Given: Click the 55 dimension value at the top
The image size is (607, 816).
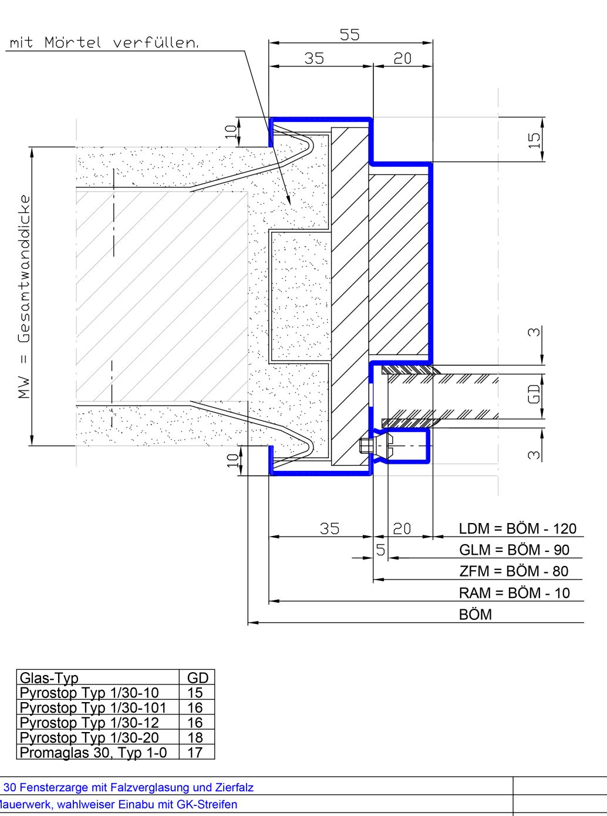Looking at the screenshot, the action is pyautogui.click(x=349, y=35).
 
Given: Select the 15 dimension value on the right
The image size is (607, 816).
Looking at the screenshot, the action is pyautogui.click(x=535, y=140).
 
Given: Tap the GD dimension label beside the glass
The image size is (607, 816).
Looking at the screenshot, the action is pyautogui.click(x=535, y=394).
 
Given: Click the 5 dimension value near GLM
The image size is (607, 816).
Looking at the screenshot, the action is pyautogui.click(x=381, y=549).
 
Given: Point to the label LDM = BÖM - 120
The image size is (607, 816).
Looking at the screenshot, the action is pyautogui.click(x=518, y=529).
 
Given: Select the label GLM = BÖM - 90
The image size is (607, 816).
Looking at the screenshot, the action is pyautogui.click(x=514, y=550).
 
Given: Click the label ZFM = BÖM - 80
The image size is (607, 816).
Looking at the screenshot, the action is pyautogui.click(x=514, y=571).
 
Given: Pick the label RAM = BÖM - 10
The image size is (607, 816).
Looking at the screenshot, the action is pyautogui.click(x=514, y=593).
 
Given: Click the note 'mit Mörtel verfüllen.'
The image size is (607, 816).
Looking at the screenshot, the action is pyautogui.click(x=104, y=42).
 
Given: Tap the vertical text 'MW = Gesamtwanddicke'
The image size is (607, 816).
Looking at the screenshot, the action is pyautogui.click(x=24, y=296).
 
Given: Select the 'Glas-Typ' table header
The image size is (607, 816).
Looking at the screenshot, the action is pyautogui.click(x=49, y=677).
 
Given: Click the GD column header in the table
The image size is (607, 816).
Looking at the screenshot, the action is pyautogui.click(x=198, y=677).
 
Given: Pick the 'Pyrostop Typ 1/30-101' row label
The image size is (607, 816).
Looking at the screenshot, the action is pyautogui.click(x=93, y=707).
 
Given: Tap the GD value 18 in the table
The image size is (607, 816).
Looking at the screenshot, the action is pyautogui.click(x=195, y=738).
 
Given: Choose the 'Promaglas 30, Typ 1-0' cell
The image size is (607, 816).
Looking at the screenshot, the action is pyautogui.click(x=93, y=753).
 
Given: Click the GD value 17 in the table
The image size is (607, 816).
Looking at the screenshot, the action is pyautogui.click(x=195, y=753).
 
